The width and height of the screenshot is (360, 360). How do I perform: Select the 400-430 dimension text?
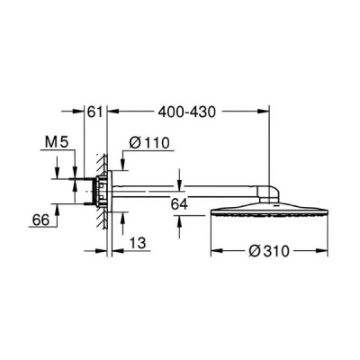pyautogui.click(x=187, y=112)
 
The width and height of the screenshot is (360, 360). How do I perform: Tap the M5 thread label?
pyautogui.click(x=57, y=142)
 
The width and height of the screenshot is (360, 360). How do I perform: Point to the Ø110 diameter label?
pyautogui.click(x=149, y=143)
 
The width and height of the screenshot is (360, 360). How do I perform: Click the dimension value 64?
pyautogui.click(x=179, y=204)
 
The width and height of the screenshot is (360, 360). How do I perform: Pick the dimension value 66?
pyautogui.click(x=40, y=220)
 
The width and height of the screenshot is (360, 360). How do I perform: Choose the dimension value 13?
pyautogui.click(x=138, y=243)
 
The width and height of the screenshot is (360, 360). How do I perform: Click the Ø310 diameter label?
pyautogui.click(x=269, y=251)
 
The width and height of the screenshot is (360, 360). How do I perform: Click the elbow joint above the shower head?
pyautogui.click(x=270, y=193)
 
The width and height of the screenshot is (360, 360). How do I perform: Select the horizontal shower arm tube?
pyautogui.click(x=184, y=192)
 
